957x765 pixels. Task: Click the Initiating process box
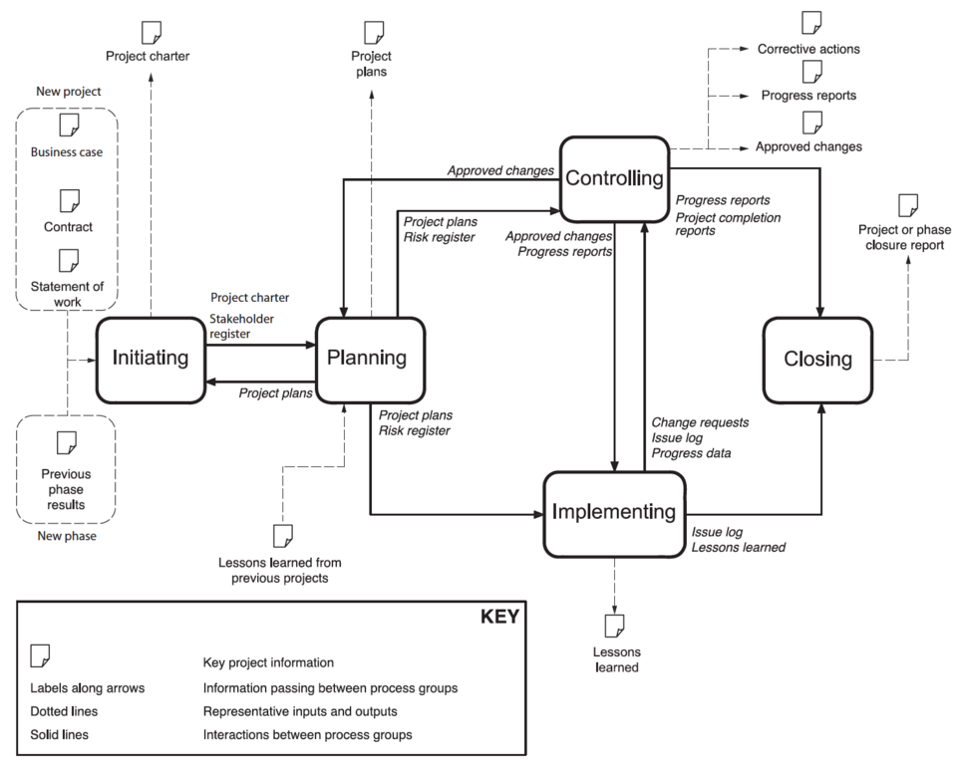(x=151, y=358)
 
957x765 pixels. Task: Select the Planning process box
(x=370, y=358)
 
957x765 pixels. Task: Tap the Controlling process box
(x=613, y=178)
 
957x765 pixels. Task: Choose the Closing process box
(x=818, y=359)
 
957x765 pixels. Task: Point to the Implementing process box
(x=614, y=512)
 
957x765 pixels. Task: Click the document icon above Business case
(x=69, y=126)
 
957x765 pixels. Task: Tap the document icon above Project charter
(x=151, y=32)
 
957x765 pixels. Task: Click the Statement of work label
(x=68, y=295)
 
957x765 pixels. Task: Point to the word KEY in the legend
(x=499, y=617)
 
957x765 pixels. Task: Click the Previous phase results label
(x=63, y=489)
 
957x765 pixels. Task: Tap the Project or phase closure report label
(x=904, y=237)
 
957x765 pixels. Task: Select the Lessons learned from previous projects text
(x=280, y=570)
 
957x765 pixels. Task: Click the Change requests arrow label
(x=700, y=422)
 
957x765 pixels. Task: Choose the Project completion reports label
(x=729, y=224)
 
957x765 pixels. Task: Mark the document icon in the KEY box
(x=41, y=655)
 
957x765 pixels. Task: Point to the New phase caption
(x=67, y=537)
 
